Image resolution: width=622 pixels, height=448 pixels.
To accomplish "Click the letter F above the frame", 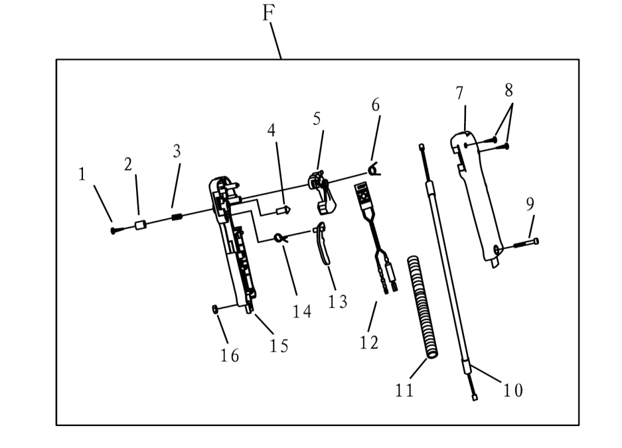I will point(268,12).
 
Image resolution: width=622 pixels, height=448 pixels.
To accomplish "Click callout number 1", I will point(82,175).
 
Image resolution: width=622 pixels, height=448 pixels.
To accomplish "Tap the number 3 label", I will point(177,151).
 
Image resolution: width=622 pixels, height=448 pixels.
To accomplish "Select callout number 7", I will point(460,94).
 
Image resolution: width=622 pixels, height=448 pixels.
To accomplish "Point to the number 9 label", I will point(530,204).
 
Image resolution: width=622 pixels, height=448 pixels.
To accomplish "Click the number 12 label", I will point(369,342).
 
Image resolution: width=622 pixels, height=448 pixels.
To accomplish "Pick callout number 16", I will point(230,356).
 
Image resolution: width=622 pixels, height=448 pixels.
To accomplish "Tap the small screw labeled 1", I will point(114,230).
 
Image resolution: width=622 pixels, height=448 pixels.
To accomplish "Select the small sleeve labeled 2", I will point(139,225).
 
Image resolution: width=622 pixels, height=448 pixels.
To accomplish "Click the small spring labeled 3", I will point(177,216).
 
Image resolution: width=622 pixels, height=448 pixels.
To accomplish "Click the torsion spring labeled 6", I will point(375,171).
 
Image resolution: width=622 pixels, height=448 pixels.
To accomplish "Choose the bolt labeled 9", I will point(525,243).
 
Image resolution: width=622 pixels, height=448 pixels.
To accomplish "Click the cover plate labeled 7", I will point(481,199).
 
